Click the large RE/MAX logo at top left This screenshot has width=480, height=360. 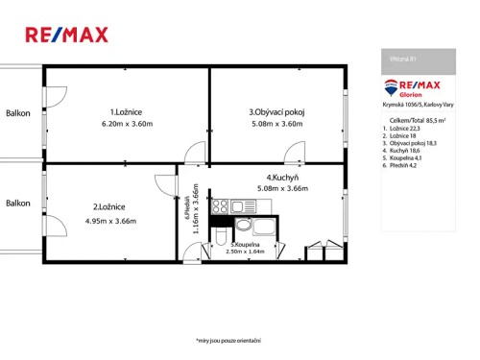point(66,36)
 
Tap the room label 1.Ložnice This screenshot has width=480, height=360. point(127,111)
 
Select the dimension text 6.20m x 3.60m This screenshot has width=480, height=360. point(127,124)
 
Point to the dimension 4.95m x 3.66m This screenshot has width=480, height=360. point(110,221)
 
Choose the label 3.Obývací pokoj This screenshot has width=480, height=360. point(276,111)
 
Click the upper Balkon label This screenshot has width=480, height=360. point(18,112)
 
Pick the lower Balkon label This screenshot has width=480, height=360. point(18,203)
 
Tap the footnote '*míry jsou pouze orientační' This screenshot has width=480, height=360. point(228,341)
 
